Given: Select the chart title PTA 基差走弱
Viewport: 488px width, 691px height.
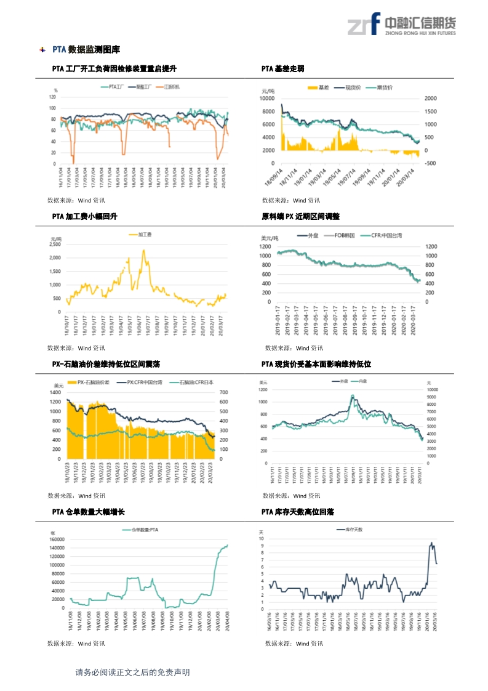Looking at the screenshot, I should pos(282,69).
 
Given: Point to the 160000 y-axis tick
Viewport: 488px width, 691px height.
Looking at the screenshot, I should pos(57,539).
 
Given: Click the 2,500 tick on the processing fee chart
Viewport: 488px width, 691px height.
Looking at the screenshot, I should pos(55,244).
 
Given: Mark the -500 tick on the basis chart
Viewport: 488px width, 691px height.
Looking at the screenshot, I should pos(431,163).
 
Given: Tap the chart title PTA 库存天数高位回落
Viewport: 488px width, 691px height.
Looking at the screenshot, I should pos(298,512).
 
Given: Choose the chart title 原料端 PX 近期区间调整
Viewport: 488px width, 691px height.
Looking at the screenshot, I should pos(300,217).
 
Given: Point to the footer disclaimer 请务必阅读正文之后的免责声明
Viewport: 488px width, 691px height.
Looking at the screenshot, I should pos(132,673).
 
